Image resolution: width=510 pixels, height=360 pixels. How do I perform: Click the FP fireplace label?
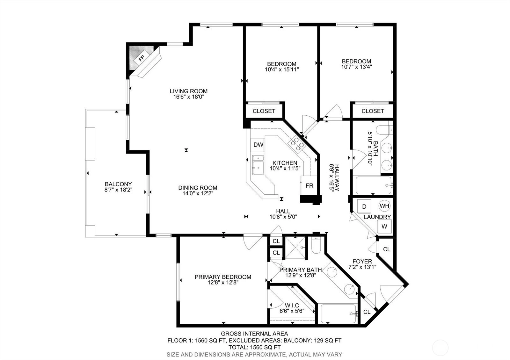[142, 58]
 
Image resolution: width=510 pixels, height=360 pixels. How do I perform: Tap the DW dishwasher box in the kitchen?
[258, 145]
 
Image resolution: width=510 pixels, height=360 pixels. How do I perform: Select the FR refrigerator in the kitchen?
[309, 185]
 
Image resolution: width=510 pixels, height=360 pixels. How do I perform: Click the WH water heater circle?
[384, 206]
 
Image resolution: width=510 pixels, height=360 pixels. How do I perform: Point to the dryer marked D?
[364, 206]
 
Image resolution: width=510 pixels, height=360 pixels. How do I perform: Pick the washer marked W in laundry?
[384, 227]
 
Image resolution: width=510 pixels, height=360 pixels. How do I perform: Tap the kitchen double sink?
[258, 165]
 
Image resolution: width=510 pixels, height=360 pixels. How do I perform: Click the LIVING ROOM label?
[188, 91]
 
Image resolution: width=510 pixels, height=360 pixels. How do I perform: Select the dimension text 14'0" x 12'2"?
[198, 193]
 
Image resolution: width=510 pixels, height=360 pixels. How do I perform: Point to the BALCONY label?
[118, 184]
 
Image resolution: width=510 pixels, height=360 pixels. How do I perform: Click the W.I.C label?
[292, 306]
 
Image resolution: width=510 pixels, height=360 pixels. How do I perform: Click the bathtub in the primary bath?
[338, 313]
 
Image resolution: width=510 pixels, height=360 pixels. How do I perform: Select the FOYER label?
[362, 262]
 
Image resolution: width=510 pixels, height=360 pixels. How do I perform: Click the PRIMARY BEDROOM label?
[223, 277]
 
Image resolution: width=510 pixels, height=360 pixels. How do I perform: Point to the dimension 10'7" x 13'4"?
[357, 67]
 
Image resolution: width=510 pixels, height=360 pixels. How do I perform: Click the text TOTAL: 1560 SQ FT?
[255, 347]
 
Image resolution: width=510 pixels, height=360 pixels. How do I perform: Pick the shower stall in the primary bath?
[295, 248]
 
